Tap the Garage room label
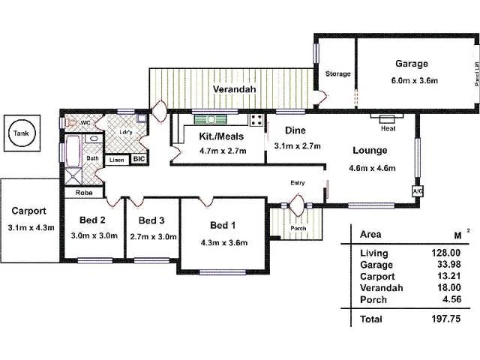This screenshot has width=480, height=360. click(407, 64)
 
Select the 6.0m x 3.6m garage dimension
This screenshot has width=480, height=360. click(407, 81)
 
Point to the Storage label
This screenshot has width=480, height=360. click(337, 73)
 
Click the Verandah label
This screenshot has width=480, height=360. click(234, 89)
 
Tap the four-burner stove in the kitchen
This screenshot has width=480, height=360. click(256, 120)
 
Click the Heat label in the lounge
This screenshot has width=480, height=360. click(388, 128)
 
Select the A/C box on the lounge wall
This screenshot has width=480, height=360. click(417, 191)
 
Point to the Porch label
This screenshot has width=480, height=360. click(298, 228)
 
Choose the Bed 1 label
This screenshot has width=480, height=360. click(223, 226)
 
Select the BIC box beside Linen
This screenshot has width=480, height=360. click(138, 159)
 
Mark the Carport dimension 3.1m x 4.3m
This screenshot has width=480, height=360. click(30, 228)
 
